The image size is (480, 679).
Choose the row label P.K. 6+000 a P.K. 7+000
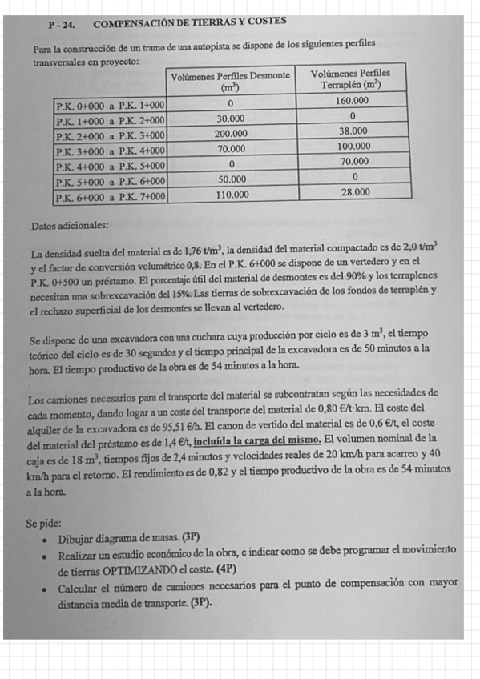[x=110, y=195]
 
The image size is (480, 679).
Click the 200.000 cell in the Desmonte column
[x=230, y=134]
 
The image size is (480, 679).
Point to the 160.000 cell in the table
[x=352, y=102]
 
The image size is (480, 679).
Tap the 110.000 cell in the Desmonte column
[x=233, y=194]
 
